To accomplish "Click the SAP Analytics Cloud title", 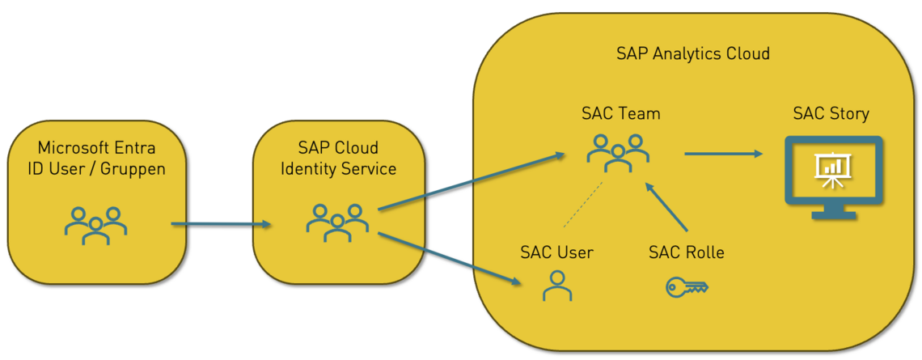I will coord(692,54).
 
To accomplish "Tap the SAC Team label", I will coord(620,113).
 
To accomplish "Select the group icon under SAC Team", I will coord(619,151).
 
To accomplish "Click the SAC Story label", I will coord(831,113).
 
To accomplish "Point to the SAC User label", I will coord(556,252).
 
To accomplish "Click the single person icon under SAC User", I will coord(556,286).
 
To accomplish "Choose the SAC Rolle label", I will coord(687,252).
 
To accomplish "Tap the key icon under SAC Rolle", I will coord(687,287).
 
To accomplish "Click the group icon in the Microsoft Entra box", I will coord(96,225).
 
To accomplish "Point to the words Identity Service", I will coord(338,169).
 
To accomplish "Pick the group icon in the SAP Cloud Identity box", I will coord(337,222).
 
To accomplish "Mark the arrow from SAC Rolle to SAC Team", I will coord(667,210).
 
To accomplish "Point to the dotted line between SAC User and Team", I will coord(584,208).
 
